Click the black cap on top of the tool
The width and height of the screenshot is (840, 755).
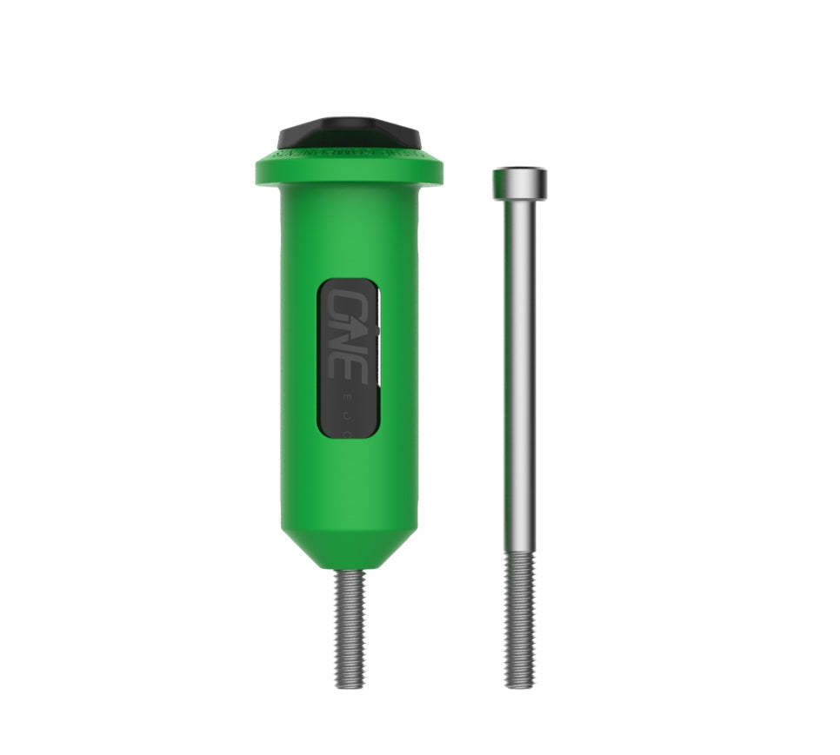pyautogui.click(x=350, y=133)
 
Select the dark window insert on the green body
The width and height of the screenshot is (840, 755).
pyautogui.click(x=349, y=358)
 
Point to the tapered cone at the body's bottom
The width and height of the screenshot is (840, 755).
pyautogui.click(x=350, y=551)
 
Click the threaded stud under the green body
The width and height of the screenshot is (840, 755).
pyautogui.click(x=350, y=626)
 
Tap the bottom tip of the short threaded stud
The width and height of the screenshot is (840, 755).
pyautogui.click(x=350, y=685)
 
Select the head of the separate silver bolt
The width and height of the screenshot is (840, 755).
pyautogui.click(x=519, y=182)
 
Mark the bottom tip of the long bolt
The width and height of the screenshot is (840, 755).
pyautogui.click(x=519, y=685)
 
